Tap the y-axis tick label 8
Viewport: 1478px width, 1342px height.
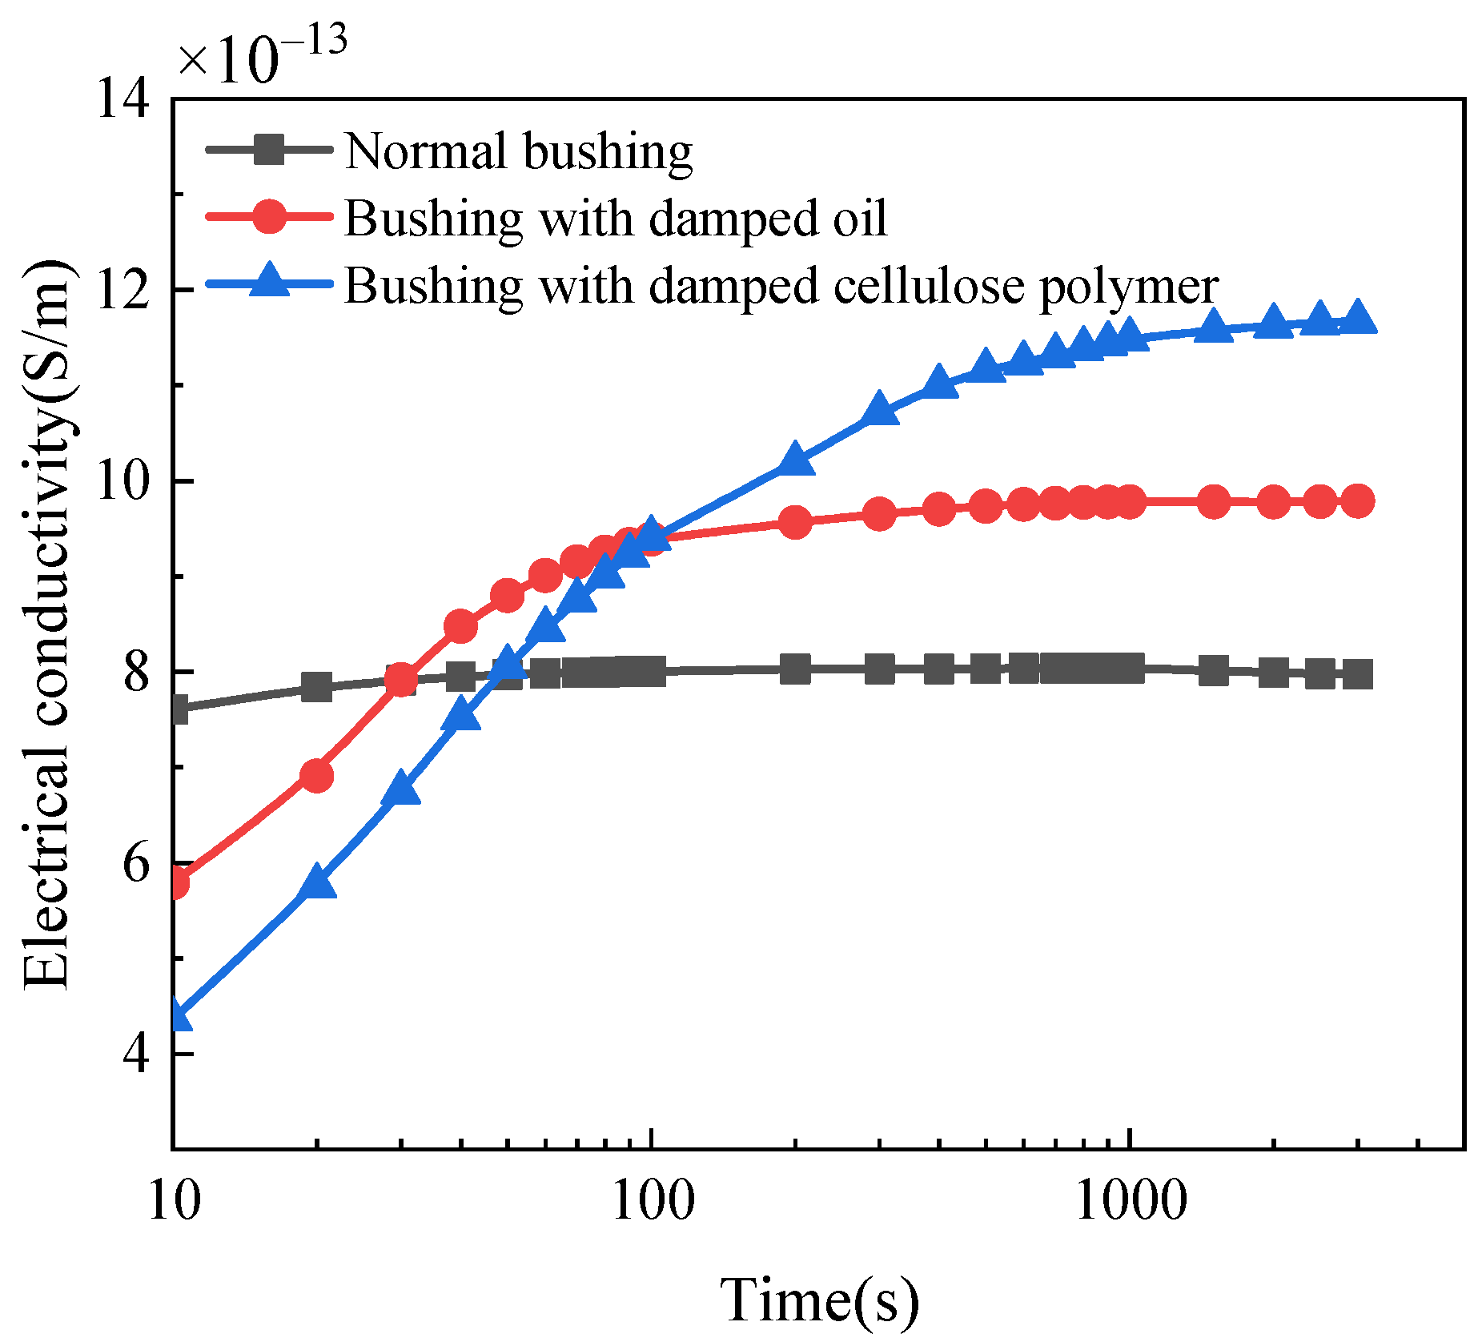[x=136, y=672]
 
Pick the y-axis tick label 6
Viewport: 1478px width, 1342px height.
[x=136, y=863]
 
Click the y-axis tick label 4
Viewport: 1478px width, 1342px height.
[x=136, y=1054]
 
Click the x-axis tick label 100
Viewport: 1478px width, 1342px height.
[x=652, y=1202]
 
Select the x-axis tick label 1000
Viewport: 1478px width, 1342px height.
[x=1129, y=1202]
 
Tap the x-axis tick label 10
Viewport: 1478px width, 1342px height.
[x=173, y=1202]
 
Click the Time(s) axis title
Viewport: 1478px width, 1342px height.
[x=819, y=1299]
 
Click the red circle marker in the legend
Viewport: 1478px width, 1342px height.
[x=269, y=216]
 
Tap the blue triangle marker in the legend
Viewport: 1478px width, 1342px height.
[x=269, y=282]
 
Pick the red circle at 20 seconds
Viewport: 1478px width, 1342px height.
[x=317, y=775]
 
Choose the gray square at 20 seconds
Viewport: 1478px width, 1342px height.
[x=317, y=686]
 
